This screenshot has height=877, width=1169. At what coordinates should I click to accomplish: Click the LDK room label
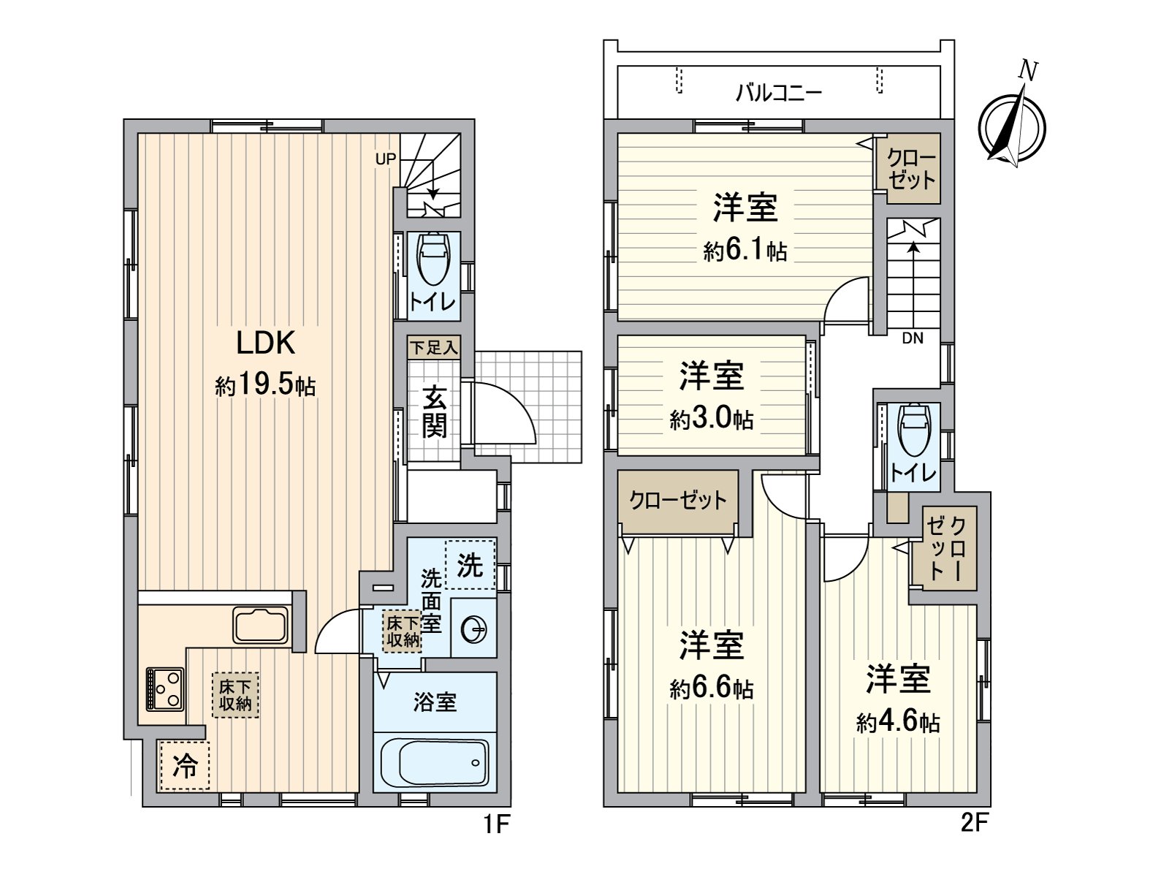(x=264, y=343)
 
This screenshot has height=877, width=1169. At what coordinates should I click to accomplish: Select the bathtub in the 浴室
(x=435, y=762)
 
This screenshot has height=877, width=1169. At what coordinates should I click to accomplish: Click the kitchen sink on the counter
(x=261, y=625)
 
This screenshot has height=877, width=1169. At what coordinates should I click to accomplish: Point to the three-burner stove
(x=164, y=688)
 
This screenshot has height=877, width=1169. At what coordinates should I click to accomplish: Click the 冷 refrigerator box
(x=184, y=765)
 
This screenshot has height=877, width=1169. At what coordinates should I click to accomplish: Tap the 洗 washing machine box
(x=470, y=564)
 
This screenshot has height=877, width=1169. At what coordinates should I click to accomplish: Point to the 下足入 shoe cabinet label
(x=433, y=347)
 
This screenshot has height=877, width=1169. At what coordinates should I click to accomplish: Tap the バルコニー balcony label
(x=779, y=93)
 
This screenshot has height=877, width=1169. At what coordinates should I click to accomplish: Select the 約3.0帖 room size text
(x=711, y=419)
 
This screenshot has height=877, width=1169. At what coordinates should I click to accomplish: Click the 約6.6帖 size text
(x=711, y=688)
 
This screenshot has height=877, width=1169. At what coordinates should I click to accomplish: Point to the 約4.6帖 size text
(x=898, y=722)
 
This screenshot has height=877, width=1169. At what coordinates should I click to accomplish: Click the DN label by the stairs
(x=913, y=338)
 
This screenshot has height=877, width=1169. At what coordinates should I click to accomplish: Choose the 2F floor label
(x=974, y=824)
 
